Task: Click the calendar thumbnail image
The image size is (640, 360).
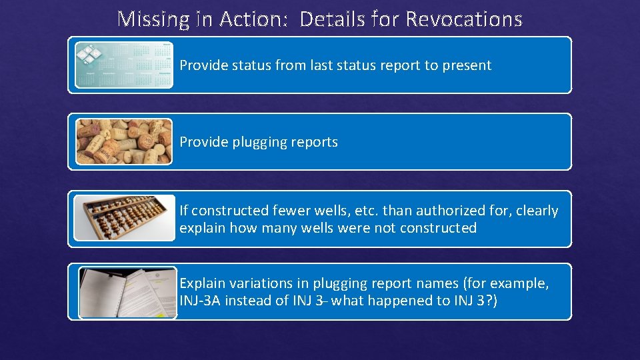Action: click(x=124, y=65)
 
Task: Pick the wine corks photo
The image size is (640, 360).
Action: click(x=124, y=141)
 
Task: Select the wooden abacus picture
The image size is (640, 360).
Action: click(x=124, y=218)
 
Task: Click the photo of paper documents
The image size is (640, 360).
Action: click(x=127, y=293)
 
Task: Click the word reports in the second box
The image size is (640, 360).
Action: click(x=315, y=142)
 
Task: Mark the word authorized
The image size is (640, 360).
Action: click(x=441, y=211)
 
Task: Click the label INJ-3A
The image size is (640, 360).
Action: click(x=200, y=301)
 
